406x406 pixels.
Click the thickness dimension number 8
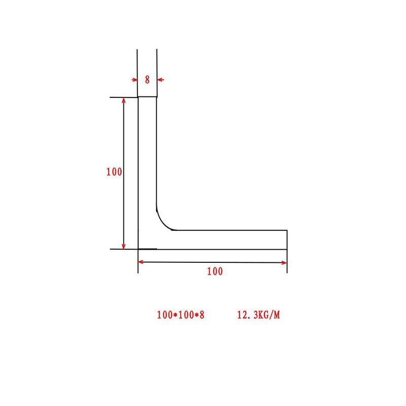click(x=147, y=80)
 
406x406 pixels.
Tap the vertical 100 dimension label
click(x=114, y=172)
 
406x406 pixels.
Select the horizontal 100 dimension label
click(x=215, y=272)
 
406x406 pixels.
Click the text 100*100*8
click(x=181, y=315)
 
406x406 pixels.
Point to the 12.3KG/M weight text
click(x=258, y=315)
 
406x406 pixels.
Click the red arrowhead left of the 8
click(x=134, y=80)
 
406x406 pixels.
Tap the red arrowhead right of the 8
click(x=160, y=80)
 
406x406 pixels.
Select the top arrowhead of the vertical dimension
click(x=124, y=100)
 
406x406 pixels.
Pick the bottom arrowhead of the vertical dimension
click(x=124, y=246)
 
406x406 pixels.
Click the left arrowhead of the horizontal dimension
click(x=142, y=262)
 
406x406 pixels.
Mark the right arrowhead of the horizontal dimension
click(x=284, y=262)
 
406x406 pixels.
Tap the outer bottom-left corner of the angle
click(x=139, y=249)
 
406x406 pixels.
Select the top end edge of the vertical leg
click(x=147, y=97)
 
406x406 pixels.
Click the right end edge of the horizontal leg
click(x=287, y=240)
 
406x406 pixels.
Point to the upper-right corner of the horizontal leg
click(x=287, y=230)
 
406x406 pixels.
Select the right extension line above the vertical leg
click(x=157, y=66)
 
